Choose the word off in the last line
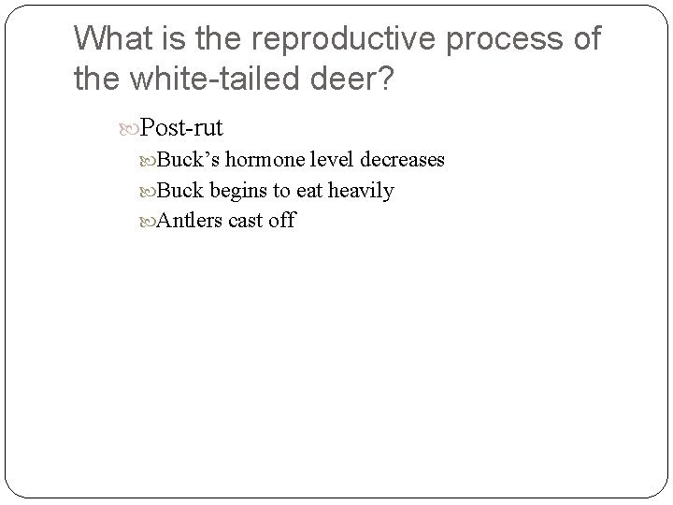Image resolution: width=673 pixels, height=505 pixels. click(282, 222)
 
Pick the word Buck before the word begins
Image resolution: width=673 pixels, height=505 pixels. click(180, 191)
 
